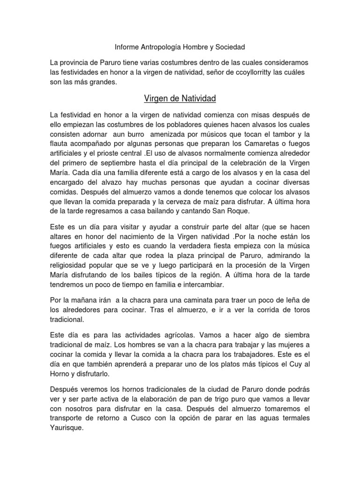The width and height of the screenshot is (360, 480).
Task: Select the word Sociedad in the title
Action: point(230,47)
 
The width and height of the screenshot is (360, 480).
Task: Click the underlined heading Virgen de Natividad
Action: point(180,99)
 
